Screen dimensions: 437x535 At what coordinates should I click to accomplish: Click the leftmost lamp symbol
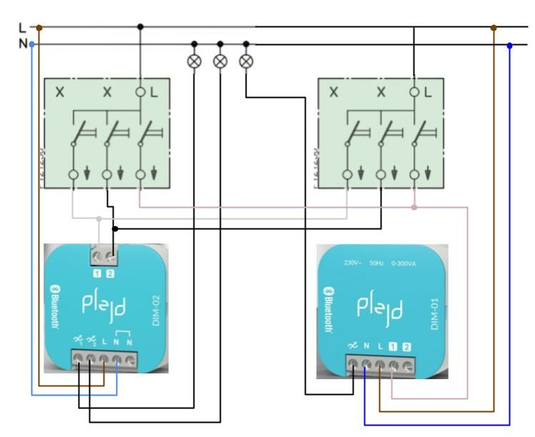[194, 61]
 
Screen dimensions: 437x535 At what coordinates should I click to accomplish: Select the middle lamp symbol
[220, 61]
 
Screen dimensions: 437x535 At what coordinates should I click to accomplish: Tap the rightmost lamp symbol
[246, 61]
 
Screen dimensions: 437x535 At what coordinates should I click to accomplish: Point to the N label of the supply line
[22, 44]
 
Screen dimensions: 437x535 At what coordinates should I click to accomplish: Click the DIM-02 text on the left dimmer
[158, 312]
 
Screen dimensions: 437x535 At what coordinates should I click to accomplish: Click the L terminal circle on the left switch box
[140, 92]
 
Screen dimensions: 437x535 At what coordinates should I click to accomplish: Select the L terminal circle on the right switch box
[414, 92]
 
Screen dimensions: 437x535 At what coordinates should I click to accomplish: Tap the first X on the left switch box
[60, 93]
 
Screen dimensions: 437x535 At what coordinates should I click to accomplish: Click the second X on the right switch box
[381, 93]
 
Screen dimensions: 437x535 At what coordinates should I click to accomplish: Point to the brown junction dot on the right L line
[494, 28]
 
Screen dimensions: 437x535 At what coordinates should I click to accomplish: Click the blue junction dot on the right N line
[509, 45]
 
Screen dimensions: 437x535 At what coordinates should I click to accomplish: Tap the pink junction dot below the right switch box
[414, 207]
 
